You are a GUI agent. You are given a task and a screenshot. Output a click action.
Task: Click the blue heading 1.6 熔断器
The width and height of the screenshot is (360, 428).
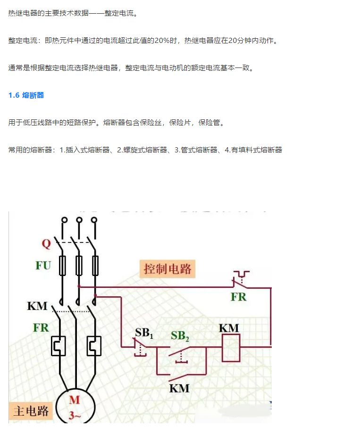coord(26,95)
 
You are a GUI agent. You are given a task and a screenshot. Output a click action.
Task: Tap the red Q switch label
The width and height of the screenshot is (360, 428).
coord(46,244)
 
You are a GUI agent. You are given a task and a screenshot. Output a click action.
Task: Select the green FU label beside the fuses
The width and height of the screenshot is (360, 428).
coord(43,265)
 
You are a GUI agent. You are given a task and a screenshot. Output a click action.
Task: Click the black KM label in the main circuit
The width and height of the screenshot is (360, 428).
coord(37,306)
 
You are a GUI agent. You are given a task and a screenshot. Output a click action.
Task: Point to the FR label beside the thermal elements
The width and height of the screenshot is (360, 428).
coord(41,327)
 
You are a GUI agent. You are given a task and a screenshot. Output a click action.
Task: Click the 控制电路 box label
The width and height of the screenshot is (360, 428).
coord(168,269)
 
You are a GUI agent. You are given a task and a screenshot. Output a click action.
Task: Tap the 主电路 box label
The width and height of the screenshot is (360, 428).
coord(29,411)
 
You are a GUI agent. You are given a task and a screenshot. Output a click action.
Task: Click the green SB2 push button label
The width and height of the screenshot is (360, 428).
coord(180,336)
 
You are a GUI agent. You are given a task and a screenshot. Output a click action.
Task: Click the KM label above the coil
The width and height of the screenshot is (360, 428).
coord(229,327)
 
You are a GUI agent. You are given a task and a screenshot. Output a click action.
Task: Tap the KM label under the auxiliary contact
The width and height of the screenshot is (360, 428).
coord(179,388)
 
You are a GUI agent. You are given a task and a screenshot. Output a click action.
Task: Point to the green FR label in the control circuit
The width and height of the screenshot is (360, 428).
coord(239,297)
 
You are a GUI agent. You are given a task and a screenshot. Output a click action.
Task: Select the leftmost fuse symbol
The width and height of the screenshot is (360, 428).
coord(62,266)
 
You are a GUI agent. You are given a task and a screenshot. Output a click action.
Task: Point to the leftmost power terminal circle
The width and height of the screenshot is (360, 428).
coord(62,220)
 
